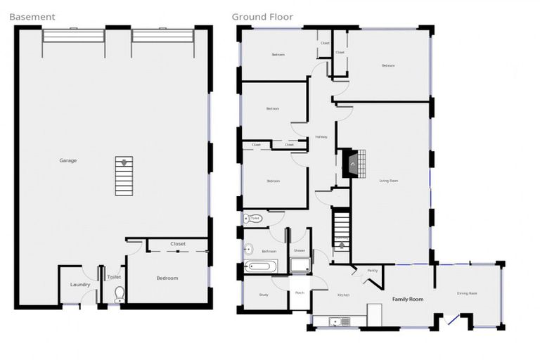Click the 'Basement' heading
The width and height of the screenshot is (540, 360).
point(32,16)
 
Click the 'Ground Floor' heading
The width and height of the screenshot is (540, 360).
point(262,16)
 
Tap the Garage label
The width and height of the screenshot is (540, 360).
point(68,160)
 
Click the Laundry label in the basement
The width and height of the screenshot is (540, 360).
point(80,285)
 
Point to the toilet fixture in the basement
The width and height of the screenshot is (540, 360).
point(120,295)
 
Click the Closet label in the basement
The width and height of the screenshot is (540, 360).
point(178,244)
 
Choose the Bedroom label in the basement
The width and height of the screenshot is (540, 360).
point(167,278)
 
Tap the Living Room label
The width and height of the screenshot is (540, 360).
point(389,181)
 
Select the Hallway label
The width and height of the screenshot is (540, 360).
point(321,136)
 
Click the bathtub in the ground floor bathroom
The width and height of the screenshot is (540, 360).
point(260,266)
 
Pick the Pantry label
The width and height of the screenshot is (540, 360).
point(373,270)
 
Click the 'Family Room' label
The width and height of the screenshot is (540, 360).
point(408,300)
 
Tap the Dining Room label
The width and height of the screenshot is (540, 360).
point(468,293)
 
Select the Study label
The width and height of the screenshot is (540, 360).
point(264,295)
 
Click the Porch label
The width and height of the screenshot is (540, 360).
point(300,292)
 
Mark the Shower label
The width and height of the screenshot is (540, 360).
point(300,250)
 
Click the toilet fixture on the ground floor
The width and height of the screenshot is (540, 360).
point(253,219)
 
